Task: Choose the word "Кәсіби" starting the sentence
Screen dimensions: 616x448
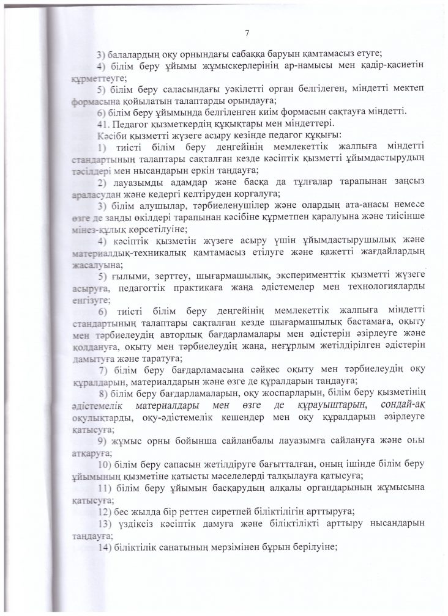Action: (x=110, y=134)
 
